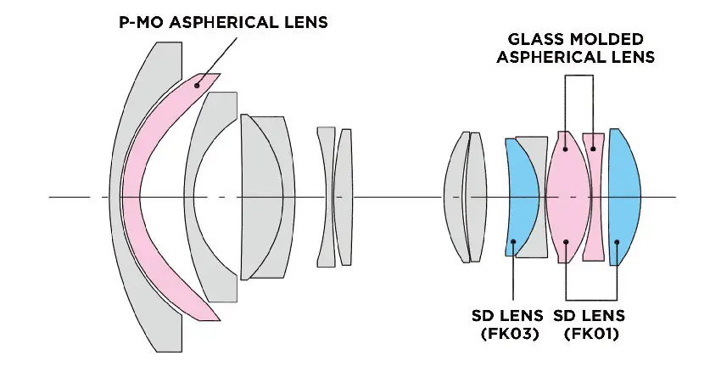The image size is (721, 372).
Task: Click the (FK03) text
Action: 510,334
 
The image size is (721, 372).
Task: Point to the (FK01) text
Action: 591,334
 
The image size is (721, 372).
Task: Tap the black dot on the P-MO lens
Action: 197,85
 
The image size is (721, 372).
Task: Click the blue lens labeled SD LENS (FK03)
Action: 524,197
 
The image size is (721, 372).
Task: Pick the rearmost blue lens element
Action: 624,197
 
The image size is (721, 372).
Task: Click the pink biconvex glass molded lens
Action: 568,197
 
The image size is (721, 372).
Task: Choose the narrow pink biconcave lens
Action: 594,197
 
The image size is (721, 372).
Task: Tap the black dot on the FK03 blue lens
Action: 513,241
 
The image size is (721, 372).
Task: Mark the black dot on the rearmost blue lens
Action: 617,242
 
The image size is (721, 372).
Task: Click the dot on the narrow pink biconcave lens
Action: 593,149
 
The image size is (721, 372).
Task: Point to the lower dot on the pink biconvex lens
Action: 566,242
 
